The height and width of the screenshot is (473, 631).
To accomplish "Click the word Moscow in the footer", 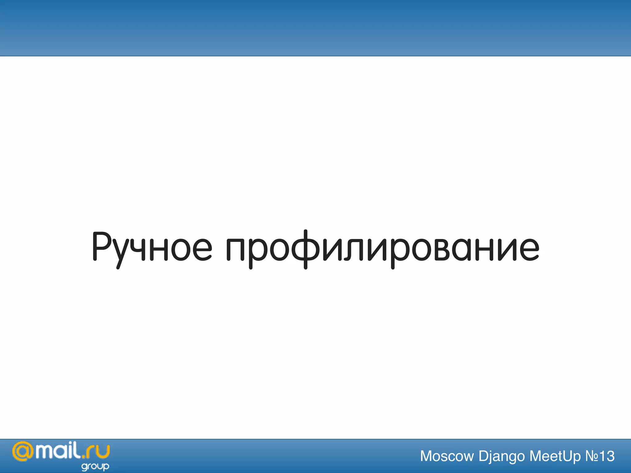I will [x=447, y=456].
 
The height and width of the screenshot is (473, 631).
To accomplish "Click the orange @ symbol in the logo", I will [x=23, y=452].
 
